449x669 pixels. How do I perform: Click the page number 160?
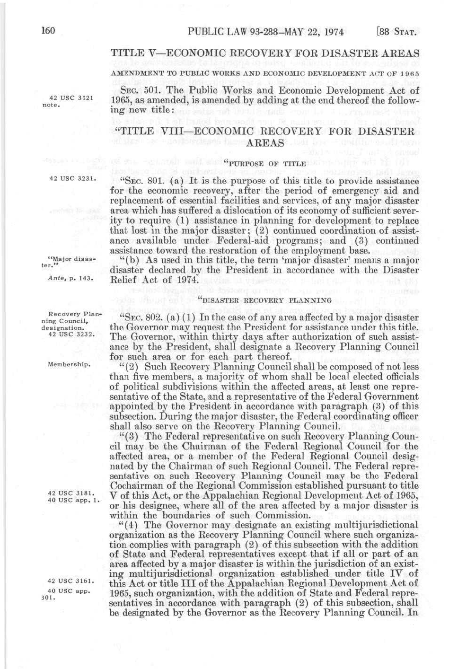coord(49,32)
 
